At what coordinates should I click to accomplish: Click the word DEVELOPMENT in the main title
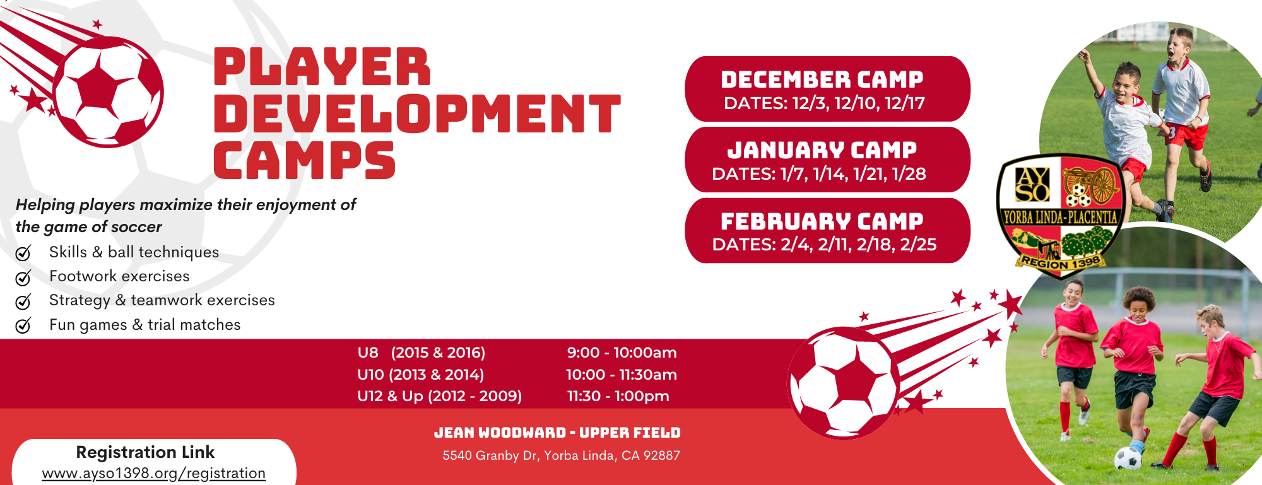coord(417,114)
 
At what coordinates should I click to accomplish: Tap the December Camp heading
coord(822,79)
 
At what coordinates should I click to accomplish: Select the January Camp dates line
coord(819,174)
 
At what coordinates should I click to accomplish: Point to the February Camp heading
coord(822,221)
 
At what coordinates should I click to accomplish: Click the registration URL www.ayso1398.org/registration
coord(154,473)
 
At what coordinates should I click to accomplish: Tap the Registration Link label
coord(145,452)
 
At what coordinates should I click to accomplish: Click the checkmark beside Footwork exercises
coord(23,278)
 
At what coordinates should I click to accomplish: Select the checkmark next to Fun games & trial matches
coord(23,325)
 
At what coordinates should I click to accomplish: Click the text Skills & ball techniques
coord(134,252)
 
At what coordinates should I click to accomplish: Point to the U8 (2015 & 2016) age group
coord(422,353)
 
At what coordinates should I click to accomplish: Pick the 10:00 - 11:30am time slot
coord(622,375)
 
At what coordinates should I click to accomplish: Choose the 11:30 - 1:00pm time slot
coord(618,396)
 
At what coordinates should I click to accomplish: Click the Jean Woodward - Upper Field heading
coord(557,433)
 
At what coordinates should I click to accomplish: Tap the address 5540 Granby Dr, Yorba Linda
coord(561,455)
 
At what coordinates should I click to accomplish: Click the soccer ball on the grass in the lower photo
coord(1128,459)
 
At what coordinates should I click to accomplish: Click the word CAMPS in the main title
coord(304,160)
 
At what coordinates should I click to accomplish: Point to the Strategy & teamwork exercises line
coord(162,300)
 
